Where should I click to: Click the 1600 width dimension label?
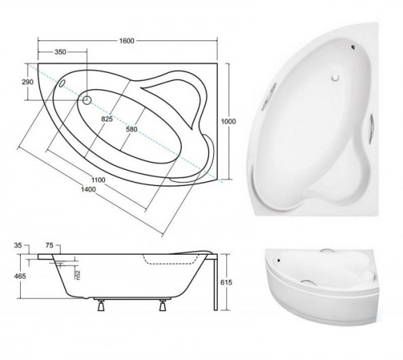point(127,41)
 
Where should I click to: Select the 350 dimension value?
point(60,52)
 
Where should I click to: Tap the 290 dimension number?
point(28,82)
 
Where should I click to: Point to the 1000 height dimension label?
point(229,122)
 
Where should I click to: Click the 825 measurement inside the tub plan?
point(107,119)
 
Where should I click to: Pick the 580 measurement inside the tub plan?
point(131,130)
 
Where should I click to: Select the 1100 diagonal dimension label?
point(98,180)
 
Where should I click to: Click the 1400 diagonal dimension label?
point(88,190)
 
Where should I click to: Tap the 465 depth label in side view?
point(20,276)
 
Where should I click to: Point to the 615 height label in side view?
point(226,282)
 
